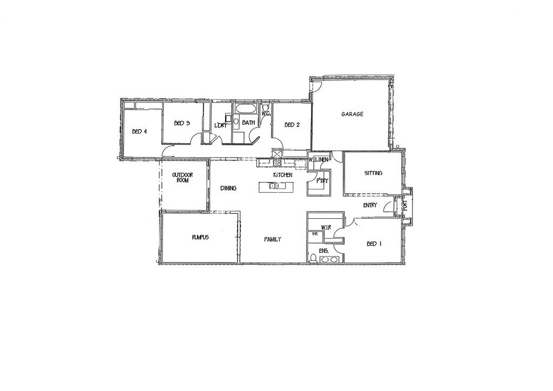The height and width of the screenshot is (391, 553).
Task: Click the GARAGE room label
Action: (x=352, y=114)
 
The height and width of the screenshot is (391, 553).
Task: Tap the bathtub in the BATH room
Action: (x=246, y=109)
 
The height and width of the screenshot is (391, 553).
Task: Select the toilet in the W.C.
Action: (x=266, y=107)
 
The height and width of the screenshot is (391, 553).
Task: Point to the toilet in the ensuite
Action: (x=313, y=259)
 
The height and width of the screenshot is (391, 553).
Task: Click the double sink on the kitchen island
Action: (x=274, y=186)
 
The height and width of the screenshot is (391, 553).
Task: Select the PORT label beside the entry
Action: (x=404, y=205)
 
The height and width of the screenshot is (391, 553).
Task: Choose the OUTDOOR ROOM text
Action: (x=183, y=177)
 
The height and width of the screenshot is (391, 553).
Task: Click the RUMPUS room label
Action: (x=200, y=237)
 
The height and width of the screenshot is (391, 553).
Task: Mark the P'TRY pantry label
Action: (x=322, y=181)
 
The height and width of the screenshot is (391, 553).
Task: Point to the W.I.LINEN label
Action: (x=319, y=160)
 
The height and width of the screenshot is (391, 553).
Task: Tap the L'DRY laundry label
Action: (x=220, y=125)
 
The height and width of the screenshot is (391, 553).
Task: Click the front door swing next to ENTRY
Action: (x=389, y=208)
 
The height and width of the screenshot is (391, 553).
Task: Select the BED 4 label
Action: (x=139, y=132)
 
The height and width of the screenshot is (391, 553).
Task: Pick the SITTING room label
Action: (x=373, y=173)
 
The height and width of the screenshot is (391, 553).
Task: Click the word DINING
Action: (x=228, y=188)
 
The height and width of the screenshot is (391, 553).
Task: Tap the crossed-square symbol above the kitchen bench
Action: (x=277, y=154)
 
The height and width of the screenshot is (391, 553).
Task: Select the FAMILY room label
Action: (x=273, y=239)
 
